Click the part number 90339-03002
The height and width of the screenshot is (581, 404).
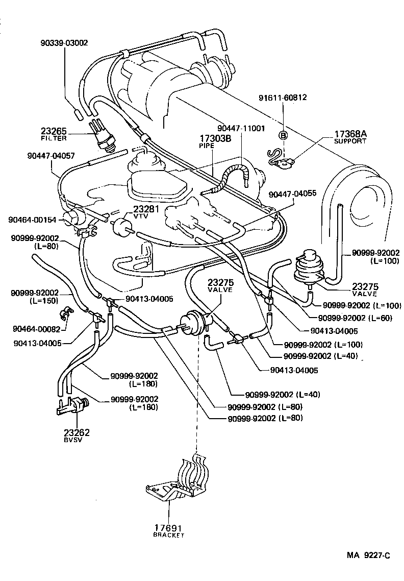64,44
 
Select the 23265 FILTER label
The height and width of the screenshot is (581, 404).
54,134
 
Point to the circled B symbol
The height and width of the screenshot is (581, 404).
282,135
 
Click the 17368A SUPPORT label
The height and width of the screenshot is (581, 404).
350,137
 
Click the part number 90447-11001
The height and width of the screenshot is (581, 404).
241,128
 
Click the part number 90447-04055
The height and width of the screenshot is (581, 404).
292,194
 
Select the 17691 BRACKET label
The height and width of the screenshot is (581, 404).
169,531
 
